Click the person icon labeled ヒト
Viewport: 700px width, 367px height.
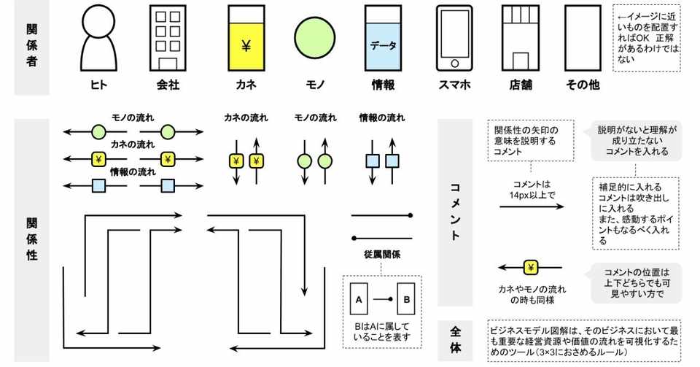(x=98, y=38)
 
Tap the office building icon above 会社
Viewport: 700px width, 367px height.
(x=168, y=38)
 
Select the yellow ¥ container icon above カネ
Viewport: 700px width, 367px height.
(x=246, y=38)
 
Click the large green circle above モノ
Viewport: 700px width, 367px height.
(x=315, y=37)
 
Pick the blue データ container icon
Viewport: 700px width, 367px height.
(x=383, y=38)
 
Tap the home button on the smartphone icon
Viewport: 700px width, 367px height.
(x=454, y=63)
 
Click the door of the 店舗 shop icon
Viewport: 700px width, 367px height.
(x=521, y=61)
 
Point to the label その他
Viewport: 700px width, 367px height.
(x=583, y=85)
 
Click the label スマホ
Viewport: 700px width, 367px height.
(x=454, y=85)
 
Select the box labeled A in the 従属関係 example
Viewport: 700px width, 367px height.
(x=359, y=299)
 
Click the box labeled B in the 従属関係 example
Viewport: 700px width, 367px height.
(x=406, y=299)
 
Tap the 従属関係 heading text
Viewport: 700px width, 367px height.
(x=381, y=255)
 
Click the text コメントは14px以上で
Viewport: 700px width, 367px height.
(x=532, y=189)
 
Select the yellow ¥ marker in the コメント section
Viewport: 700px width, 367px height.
(x=531, y=268)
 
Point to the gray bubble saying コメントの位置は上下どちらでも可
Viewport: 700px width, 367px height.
(x=637, y=283)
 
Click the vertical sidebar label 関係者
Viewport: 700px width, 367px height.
(x=31, y=45)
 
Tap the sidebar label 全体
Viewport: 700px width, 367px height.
(x=455, y=340)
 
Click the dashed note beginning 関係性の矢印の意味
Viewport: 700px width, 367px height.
(x=531, y=140)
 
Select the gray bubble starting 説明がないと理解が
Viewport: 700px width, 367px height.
(x=637, y=140)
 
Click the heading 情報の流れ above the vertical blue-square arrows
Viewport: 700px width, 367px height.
(x=382, y=118)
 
